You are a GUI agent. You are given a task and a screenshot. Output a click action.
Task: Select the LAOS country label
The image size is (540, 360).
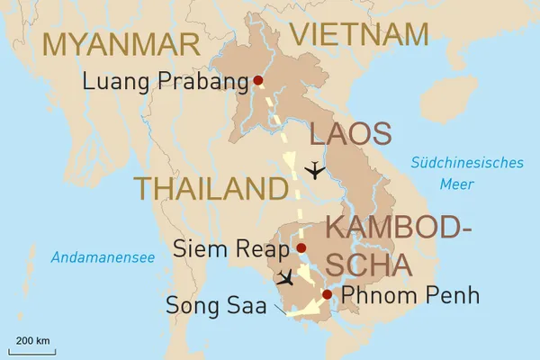(351, 135)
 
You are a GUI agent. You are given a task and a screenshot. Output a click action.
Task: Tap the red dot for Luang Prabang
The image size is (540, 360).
(258, 80)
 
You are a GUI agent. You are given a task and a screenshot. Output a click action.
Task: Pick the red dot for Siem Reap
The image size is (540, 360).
(301, 247)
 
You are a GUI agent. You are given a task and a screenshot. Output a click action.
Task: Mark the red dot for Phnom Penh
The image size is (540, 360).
(327, 294)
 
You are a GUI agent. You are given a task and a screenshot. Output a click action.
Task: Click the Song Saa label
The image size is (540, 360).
(216, 305)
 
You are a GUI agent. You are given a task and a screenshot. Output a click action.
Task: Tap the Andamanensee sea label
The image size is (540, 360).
(103, 258)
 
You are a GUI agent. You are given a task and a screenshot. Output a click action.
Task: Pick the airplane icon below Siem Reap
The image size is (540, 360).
(286, 278)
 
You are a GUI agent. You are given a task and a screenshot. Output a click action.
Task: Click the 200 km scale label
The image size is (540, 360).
(32, 340)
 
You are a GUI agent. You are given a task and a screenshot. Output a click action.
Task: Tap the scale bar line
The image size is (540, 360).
(32, 349)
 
